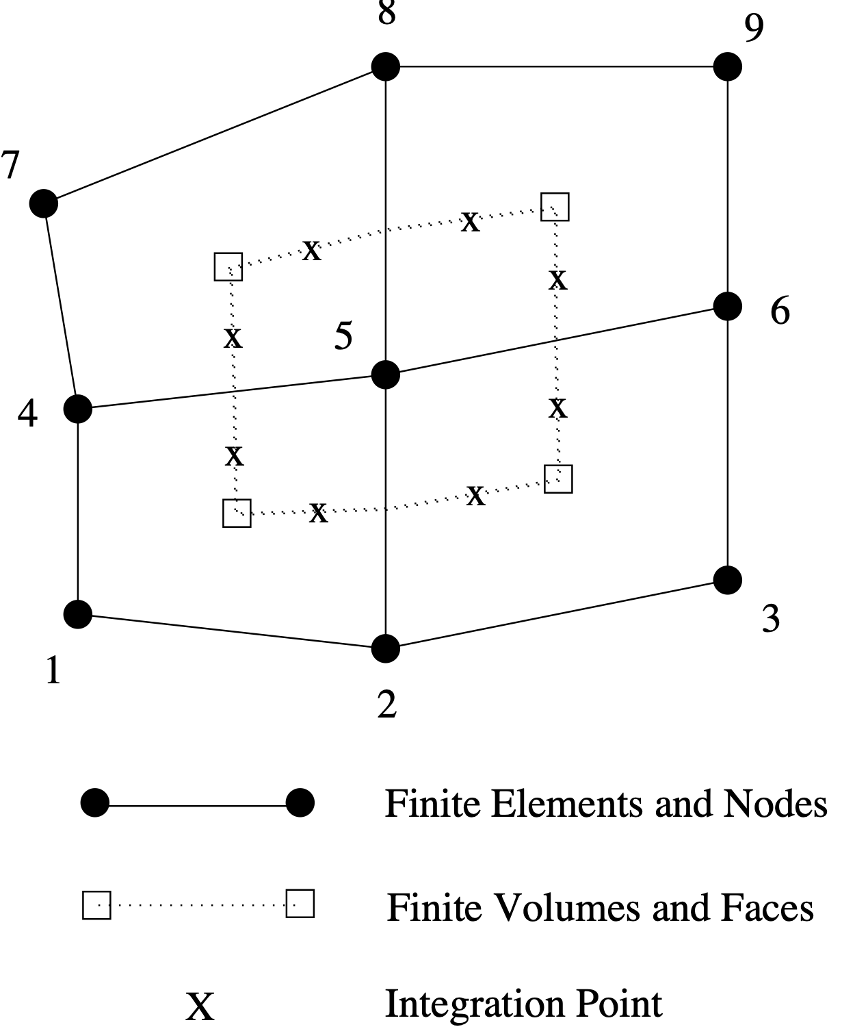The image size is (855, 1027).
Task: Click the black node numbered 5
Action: pos(386,375)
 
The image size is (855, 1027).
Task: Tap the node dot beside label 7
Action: pos(44,203)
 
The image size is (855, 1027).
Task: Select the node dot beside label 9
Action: pos(727,66)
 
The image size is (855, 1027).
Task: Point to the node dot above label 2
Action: pos(386,648)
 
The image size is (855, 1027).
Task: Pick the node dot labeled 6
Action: pos(727,305)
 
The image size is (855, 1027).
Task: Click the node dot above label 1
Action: pos(78,613)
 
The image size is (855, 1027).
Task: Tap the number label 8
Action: pos(386,12)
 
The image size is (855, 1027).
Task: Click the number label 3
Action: pos(771,618)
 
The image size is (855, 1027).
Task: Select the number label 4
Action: pos(27,414)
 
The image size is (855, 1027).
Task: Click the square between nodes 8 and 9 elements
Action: pos(555,207)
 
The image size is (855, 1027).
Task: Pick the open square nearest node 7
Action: pos(228,267)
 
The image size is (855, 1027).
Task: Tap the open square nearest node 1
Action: pos(237,513)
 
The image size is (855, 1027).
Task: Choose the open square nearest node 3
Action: pos(558,479)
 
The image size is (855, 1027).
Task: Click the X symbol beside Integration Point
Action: pos(200,1006)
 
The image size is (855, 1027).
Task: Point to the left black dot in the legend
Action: pos(94,802)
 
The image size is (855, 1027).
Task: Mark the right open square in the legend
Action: pos(300,904)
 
